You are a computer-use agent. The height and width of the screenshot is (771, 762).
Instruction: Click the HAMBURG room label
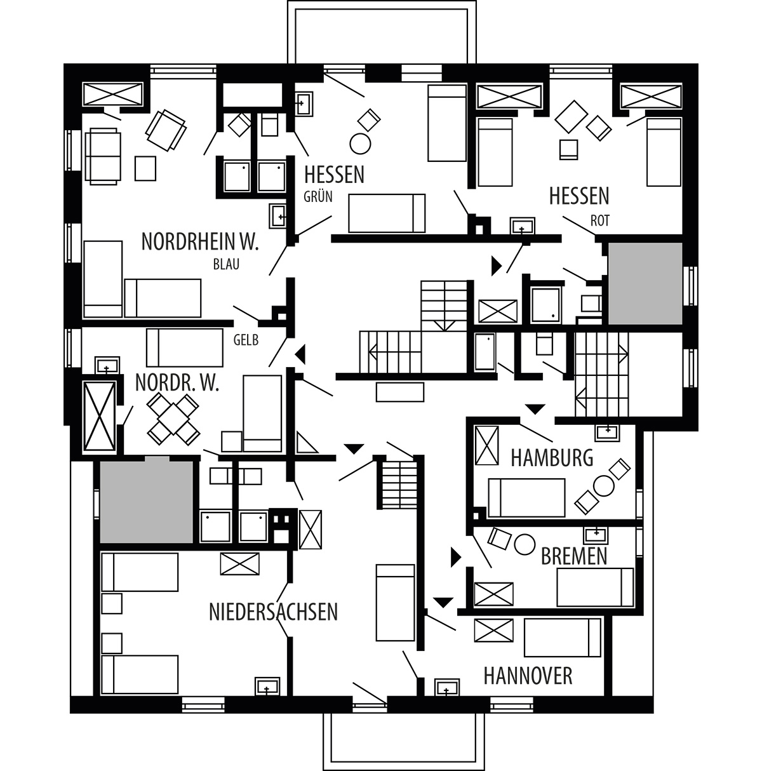click(552, 458)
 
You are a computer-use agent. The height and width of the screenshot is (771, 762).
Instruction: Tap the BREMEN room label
click(574, 556)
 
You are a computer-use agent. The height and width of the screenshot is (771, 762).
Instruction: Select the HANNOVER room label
click(528, 676)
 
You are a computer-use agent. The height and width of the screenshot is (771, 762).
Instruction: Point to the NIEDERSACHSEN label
click(273, 612)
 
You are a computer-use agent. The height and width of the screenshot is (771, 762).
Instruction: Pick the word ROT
click(600, 220)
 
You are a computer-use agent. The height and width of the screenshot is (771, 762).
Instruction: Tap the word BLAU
click(226, 264)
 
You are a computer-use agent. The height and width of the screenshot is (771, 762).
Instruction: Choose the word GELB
click(246, 340)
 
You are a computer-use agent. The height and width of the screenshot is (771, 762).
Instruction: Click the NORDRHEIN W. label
click(200, 241)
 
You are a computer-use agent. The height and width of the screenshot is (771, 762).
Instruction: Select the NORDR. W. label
click(177, 382)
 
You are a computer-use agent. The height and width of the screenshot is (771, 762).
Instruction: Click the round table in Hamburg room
click(603, 486)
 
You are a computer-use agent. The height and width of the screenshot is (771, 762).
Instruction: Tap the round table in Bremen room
click(525, 544)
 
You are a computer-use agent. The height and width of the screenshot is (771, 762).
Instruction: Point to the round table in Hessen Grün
click(360, 144)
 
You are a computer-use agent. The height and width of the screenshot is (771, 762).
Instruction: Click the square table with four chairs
click(173, 419)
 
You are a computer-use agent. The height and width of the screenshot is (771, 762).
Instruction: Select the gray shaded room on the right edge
click(645, 283)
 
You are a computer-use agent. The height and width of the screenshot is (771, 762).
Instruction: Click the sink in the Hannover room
click(447, 687)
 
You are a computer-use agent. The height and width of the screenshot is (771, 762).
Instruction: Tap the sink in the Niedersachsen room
click(268, 687)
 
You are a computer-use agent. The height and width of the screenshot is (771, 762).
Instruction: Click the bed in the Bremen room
click(595, 587)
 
